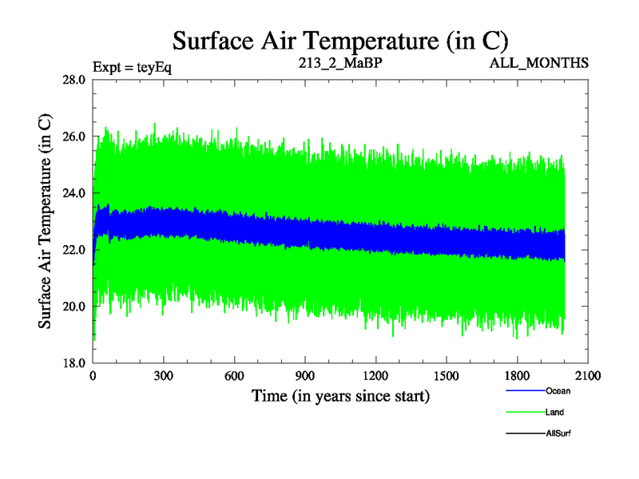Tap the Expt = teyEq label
pos(132,66)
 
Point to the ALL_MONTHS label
pos(539,61)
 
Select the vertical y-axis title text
pos(46,221)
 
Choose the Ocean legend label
pos(558,391)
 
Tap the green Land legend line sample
pos(526,412)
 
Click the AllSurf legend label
pos(558,433)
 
